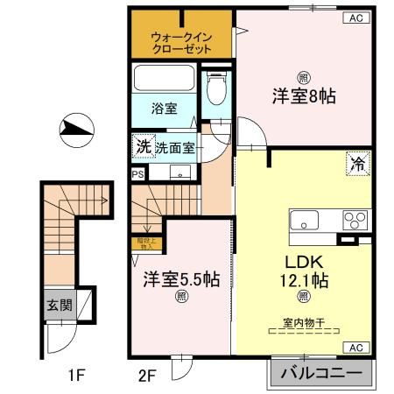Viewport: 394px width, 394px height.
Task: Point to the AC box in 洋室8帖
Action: point(356,17)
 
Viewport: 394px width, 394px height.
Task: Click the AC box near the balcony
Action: point(356,348)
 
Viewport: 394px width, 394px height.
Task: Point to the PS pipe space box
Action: point(137,174)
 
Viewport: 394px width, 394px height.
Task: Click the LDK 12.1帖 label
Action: point(304,271)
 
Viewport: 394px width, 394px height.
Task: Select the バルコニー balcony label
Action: point(320,374)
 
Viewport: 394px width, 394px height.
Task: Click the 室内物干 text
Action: point(304,323)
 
